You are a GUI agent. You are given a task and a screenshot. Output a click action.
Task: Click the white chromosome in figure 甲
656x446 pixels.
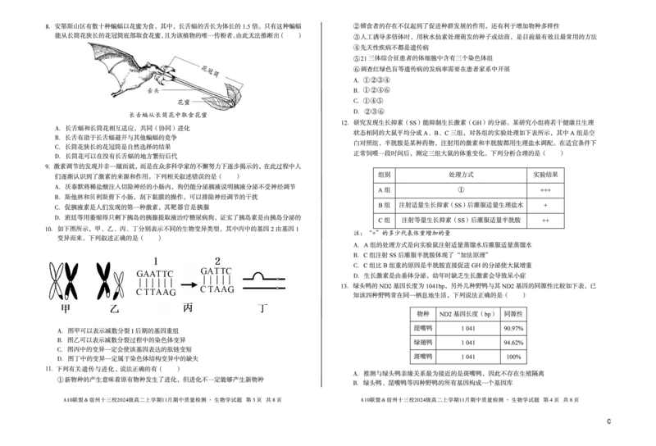point(57,280)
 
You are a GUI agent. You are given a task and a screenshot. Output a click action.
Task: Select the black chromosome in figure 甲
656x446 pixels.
point(71,280)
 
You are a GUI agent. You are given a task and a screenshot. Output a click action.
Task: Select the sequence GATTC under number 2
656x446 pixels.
point(217,271)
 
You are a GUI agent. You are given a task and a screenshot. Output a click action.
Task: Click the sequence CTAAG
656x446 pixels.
point(218,290)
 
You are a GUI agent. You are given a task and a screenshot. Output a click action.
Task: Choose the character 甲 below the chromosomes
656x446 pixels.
point(65,312)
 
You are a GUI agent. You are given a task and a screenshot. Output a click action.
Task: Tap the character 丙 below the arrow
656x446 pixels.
point(187,312)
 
